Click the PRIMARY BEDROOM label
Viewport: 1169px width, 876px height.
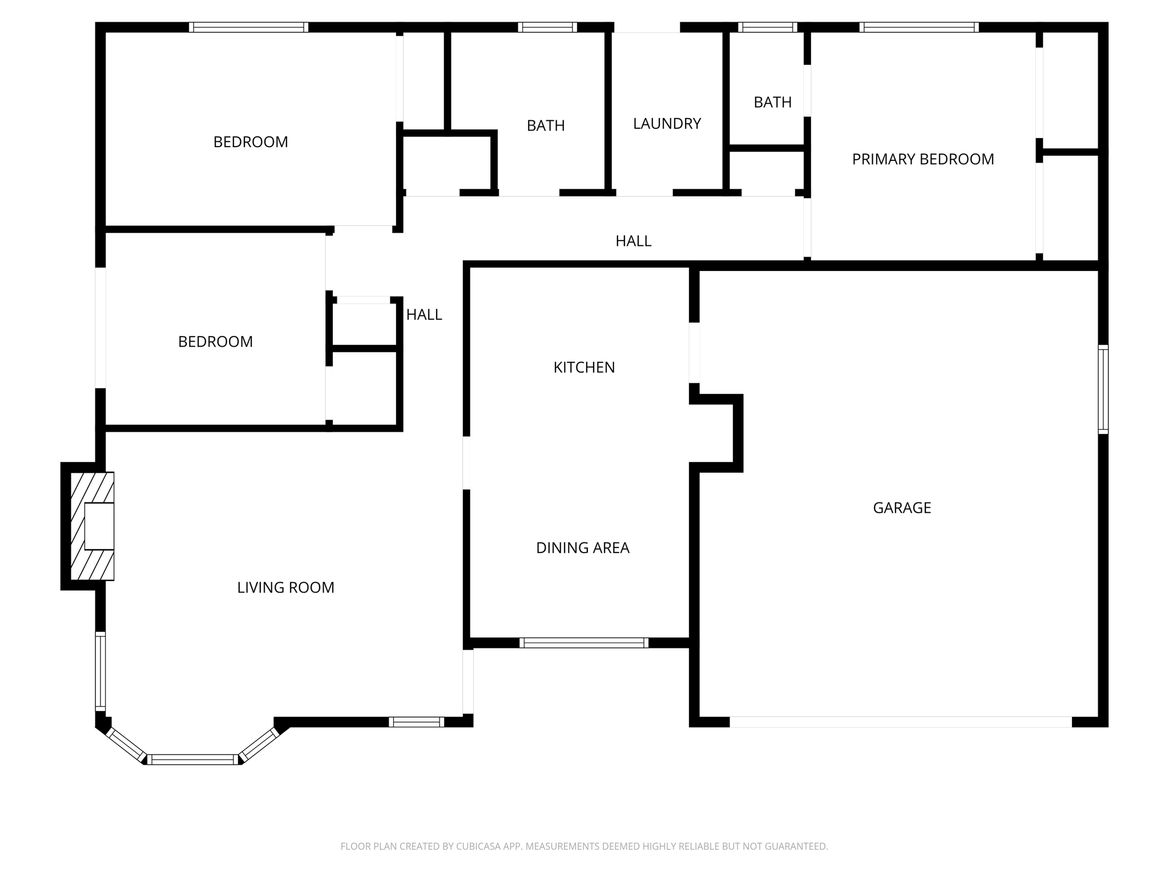922,159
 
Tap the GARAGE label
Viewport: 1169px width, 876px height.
902,508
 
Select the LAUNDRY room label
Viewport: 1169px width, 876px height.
667,124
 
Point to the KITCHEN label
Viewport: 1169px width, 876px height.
584,367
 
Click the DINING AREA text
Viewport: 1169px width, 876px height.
582,548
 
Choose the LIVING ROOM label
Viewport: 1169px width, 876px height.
285,587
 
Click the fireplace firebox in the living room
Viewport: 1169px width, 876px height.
99,526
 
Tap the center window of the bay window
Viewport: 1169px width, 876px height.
194,759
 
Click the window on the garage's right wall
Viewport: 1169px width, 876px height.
1103,389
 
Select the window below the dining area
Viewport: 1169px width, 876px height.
583,643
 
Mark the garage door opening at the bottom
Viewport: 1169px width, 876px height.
900,721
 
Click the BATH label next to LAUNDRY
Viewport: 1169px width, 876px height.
546,125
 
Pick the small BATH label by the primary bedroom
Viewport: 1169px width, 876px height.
772,103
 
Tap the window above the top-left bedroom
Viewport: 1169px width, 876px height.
248,27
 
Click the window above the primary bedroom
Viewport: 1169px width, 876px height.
918,27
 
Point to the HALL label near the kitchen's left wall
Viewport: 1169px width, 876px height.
424,315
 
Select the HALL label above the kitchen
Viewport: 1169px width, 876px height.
633,241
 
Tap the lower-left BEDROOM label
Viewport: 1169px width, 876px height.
215,342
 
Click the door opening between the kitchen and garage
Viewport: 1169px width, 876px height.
694,352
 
